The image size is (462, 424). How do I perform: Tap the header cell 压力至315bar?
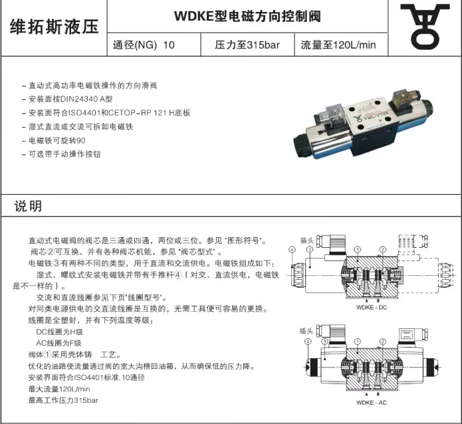tap(245, 46)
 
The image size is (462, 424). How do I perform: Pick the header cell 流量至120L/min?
tap(338, 46)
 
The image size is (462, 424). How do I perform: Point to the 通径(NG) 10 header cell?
tap(144, 46)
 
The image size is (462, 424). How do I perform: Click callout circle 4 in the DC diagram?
tap(292, 249)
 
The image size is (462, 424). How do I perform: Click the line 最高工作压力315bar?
tap(63, 401)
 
